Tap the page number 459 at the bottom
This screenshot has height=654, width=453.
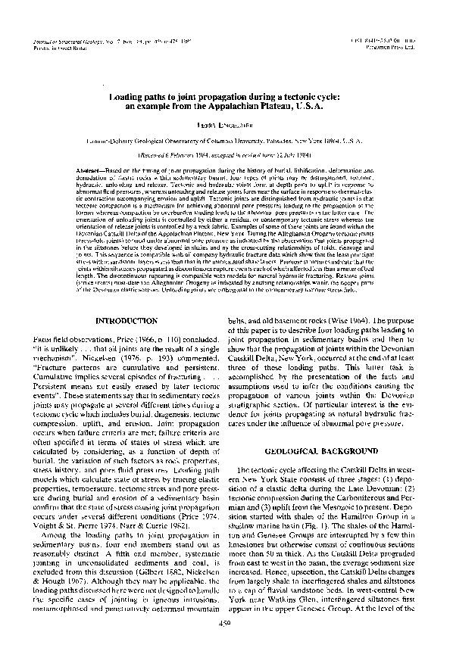pos(224,643)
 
